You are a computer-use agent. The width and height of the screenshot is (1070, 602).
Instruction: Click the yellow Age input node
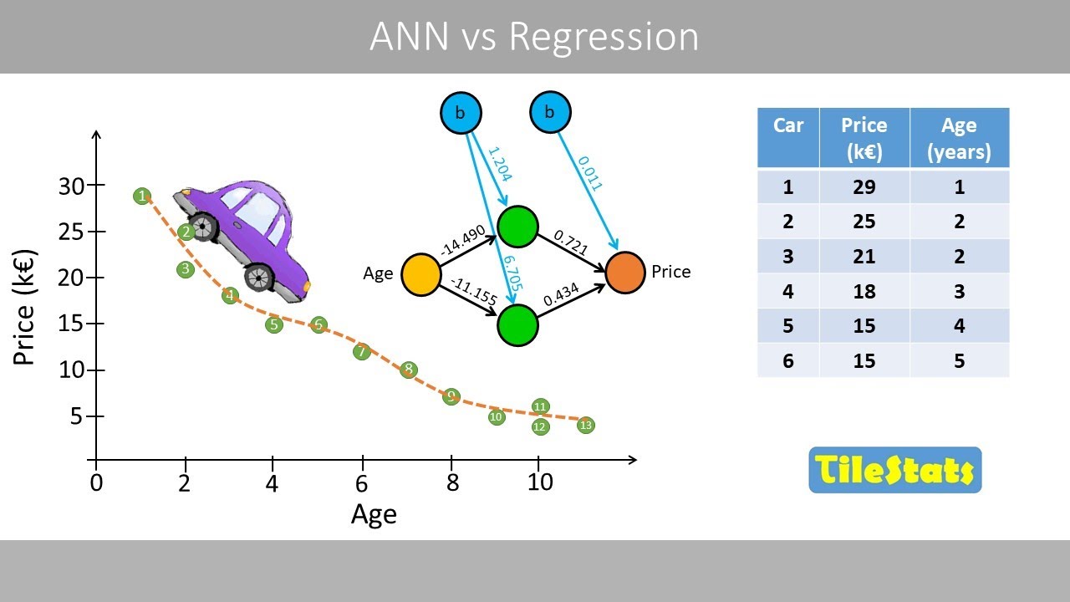tap(422, 274)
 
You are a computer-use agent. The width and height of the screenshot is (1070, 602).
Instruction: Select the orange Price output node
tap(625, 273)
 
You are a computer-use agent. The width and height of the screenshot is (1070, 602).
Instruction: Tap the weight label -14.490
tap(462, 239)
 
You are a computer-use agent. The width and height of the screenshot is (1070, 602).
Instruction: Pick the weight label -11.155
tap(473, 292)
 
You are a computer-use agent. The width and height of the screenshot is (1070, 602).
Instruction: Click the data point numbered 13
tap(585, 426)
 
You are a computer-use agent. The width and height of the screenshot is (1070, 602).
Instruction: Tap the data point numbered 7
tap(362, 352)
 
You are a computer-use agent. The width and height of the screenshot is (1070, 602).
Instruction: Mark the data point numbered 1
tap(142, 196)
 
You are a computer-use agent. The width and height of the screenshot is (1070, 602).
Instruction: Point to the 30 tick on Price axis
tap(72, 186)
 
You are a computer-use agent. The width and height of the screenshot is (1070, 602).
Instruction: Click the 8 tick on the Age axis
tap(451, 482)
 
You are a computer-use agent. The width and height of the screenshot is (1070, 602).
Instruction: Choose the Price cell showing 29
tap(864, 186)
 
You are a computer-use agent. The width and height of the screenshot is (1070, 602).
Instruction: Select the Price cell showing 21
tap(864, 256)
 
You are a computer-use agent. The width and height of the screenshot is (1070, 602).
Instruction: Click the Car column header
tap(788, 126)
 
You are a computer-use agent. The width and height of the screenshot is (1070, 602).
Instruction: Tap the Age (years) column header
tap(959, 138)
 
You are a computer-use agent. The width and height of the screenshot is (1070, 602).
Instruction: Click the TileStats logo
tap(894, 470)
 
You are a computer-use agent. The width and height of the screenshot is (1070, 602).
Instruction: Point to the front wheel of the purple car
tap(260, 276)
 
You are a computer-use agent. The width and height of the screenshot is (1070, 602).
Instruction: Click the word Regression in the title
tap(603, 38)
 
